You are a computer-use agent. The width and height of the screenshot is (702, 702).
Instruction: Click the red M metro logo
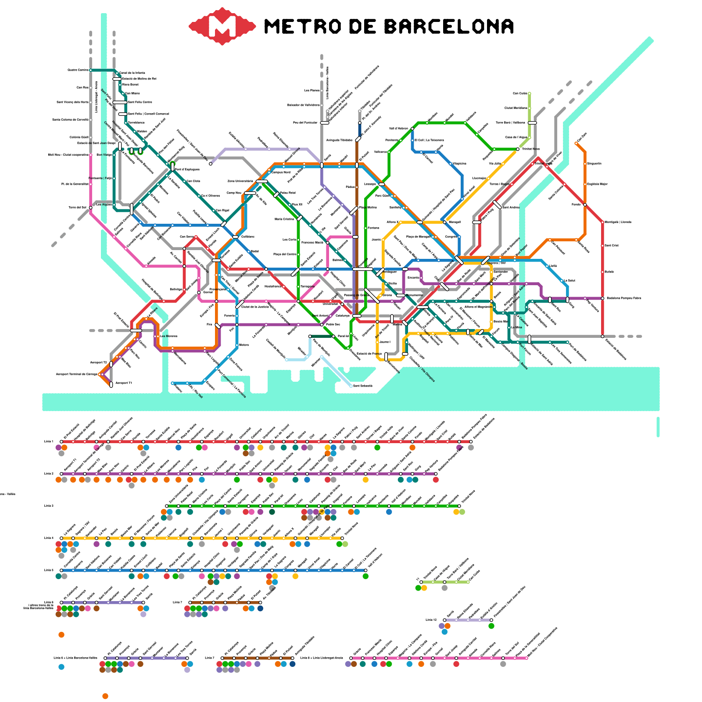[x=222, y=26]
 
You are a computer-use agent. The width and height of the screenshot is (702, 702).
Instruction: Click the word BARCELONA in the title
[x=449, y=27]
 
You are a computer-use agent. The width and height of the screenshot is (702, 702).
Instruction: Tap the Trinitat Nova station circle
[x=518, y=149]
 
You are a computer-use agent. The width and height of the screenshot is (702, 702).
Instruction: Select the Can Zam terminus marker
[x=576, y=143]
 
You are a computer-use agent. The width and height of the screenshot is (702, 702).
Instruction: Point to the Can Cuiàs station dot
[x=530, y=93]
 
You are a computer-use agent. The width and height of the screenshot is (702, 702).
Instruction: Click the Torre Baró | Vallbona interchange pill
[x=532, y=123]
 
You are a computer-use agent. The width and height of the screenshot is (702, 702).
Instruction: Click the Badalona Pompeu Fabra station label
[x=623, y=298]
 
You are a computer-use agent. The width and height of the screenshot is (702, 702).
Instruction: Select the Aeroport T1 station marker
[x=111, y=384]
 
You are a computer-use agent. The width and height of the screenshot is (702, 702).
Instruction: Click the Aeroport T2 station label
[x=98, y=362]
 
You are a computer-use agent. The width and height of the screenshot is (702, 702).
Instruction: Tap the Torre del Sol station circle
[x=90, y=208]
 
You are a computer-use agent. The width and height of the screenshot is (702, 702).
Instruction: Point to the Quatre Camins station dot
[x=90, y=70]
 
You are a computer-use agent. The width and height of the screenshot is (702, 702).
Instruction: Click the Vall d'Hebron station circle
[x=412, y=129]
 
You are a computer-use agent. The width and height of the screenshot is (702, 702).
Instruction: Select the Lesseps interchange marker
[x=382, y=184]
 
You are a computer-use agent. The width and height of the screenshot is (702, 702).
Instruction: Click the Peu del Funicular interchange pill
[x=325, y=123]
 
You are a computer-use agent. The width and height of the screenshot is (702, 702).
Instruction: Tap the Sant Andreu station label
[x=511, y=208]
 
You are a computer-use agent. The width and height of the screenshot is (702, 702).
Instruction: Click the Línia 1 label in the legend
[x=49, y=441]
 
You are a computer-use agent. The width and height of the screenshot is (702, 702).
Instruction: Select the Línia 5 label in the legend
[x=49, y=570]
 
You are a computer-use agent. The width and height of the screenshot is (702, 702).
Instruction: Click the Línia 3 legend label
[x=49, y=506]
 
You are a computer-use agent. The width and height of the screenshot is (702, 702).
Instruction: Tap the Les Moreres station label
[x=169, y=336]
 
